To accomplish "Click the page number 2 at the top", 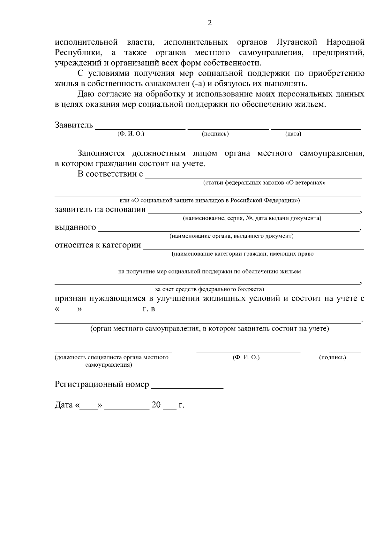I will click(210, 23).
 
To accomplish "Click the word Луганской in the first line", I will click(297, 42).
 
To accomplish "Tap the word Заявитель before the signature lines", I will click(74, 125).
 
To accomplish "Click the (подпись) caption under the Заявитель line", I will click(215, 134).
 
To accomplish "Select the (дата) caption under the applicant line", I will click(293, 134).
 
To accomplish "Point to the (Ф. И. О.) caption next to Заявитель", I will click(131, 134).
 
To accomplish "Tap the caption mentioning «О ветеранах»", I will click(264, 183).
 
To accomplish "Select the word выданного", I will click(75, 227).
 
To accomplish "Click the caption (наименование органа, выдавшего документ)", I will click(231, 236).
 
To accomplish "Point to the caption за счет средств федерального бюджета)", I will click(210, 289).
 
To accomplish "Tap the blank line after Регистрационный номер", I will click(187, 387).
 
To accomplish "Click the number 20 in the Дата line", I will click(156, 405).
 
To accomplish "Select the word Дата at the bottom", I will click(64, 405).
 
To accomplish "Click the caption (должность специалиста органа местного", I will click(111, 357).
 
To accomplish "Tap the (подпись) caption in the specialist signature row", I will click(332, 357).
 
